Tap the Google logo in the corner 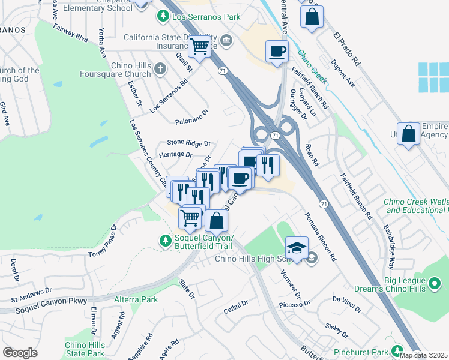(20, 353)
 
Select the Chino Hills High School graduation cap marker (297, 247)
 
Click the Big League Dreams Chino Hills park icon (435, 281)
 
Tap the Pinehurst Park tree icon (396, 350)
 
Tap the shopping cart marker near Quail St (199, 46)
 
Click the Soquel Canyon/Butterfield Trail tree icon (166, 240)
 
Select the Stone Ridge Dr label (189, 143)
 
